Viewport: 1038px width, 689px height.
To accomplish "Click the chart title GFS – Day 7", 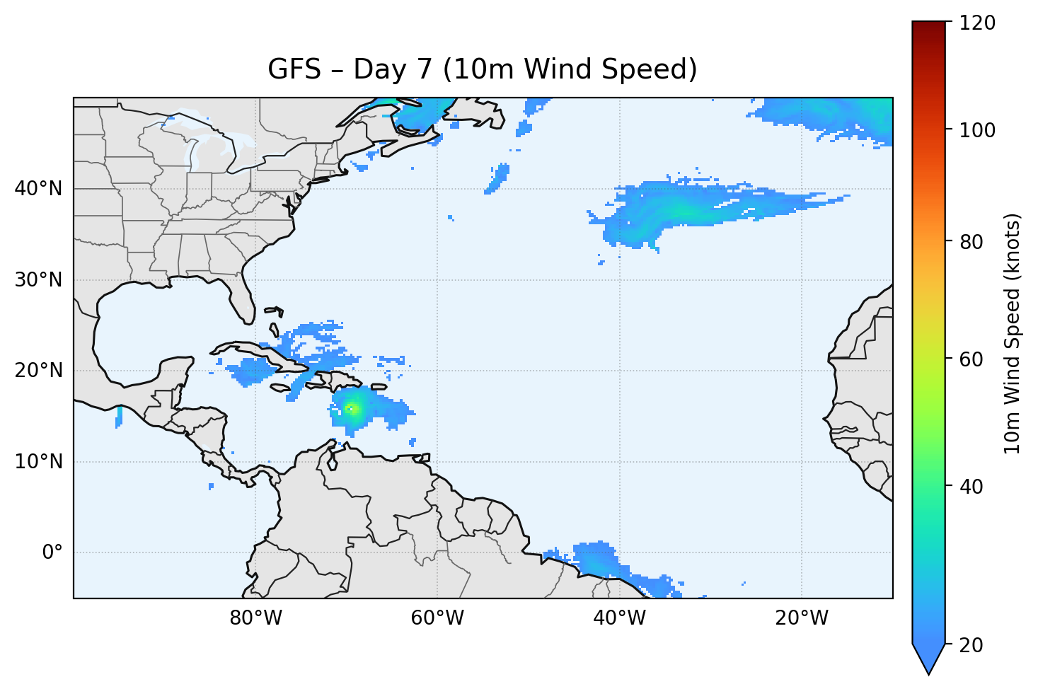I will pos(483,69).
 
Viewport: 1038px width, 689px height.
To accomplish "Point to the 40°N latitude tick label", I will pos(38,189).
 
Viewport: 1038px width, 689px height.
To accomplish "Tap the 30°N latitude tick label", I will pos(38,280).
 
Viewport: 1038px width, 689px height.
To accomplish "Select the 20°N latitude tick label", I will pos(38,371).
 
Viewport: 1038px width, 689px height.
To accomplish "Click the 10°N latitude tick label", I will pos(38,462).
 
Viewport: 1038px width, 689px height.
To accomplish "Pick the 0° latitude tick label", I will pos(52,552).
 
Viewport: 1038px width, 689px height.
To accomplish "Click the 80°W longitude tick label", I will pos(255,618).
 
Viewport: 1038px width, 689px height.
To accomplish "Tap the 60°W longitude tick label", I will pos(437,618).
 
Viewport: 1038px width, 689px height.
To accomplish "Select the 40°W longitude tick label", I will pos(619,618).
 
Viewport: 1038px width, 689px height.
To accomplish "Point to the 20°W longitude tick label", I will pos(801,618).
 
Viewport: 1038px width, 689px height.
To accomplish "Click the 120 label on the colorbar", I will pos(977,23).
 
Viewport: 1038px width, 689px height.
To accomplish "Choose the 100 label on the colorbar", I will pos(977,130).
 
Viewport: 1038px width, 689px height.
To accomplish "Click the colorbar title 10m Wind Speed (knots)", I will pos(1013,334).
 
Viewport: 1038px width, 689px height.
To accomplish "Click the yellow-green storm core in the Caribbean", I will pos(352,408).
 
